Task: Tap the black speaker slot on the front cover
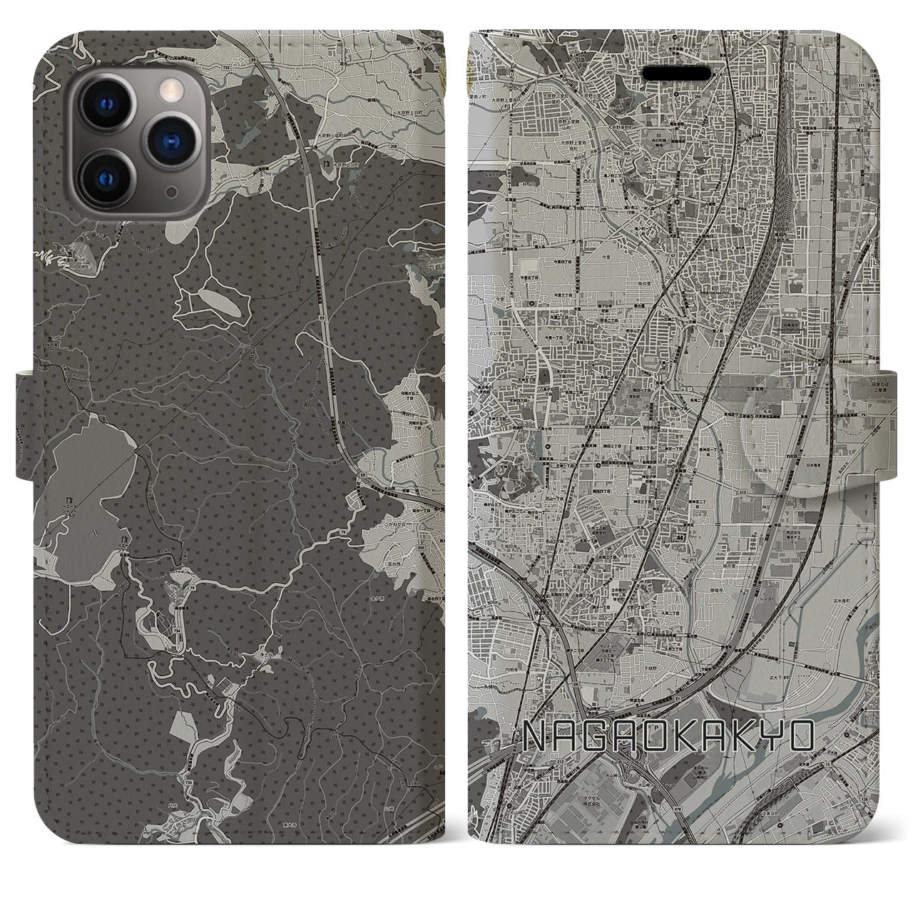click(x=677, y=73)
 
